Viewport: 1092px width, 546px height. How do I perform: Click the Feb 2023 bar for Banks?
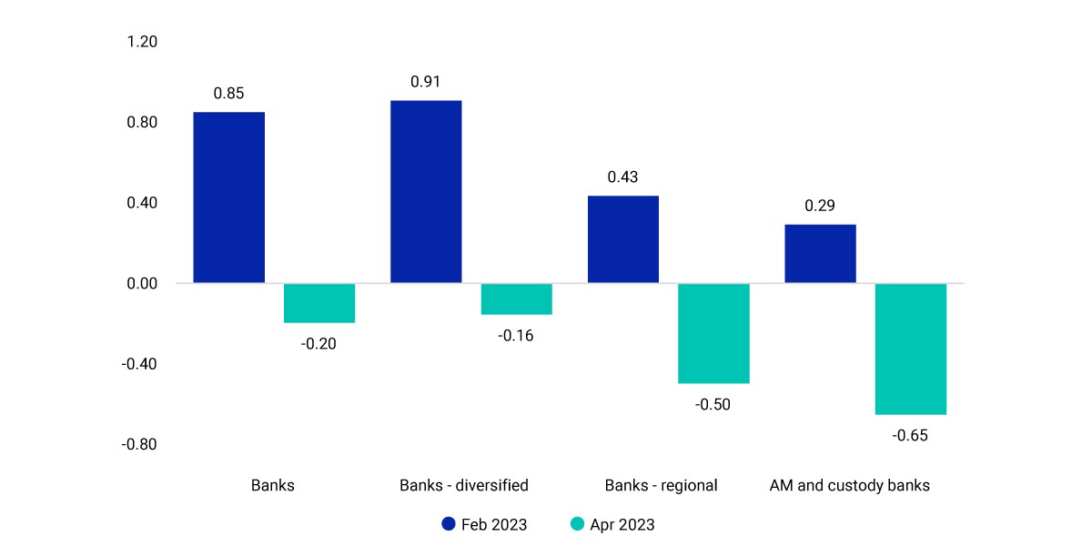click(x=229, y=197)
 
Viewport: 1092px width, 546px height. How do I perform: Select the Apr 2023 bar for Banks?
click(x=319, y=303)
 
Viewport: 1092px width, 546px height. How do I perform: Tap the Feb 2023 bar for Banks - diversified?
click(x=426, y=192)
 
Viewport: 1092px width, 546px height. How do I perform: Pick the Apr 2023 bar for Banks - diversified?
click(x=517, y=298)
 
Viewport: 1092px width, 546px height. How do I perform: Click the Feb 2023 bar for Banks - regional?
click(x=623, y=239)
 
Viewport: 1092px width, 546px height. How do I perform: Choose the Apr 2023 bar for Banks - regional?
click(x=713, y=333)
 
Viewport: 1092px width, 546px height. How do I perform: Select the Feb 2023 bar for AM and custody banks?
click(x=821, y=254)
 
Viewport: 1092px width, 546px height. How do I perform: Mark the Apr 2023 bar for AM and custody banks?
click(x=911, y=349)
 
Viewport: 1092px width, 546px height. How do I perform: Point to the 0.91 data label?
click(x=426, y=81)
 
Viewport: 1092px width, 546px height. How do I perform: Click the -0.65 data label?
click(x=910, y=435)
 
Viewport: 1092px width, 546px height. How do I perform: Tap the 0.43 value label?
click(x=622, y=177)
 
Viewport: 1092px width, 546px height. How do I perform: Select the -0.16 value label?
click(x=516, y=336)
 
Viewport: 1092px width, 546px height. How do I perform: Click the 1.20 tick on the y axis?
click(x=142, y=42)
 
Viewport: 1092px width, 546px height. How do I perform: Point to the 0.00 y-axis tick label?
click(x=142, y=284)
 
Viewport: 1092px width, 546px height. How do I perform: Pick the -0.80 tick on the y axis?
click(x=139, y=445)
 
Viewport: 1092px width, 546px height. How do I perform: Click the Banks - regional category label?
click(x=661, y=486)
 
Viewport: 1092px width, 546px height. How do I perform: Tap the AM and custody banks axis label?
click(x=850, y=486)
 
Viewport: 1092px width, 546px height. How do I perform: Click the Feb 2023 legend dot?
click(x=449, y=524)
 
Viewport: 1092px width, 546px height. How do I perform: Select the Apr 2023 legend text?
click(x=622, y=524)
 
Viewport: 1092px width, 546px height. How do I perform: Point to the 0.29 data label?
click(x=820, y=206)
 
